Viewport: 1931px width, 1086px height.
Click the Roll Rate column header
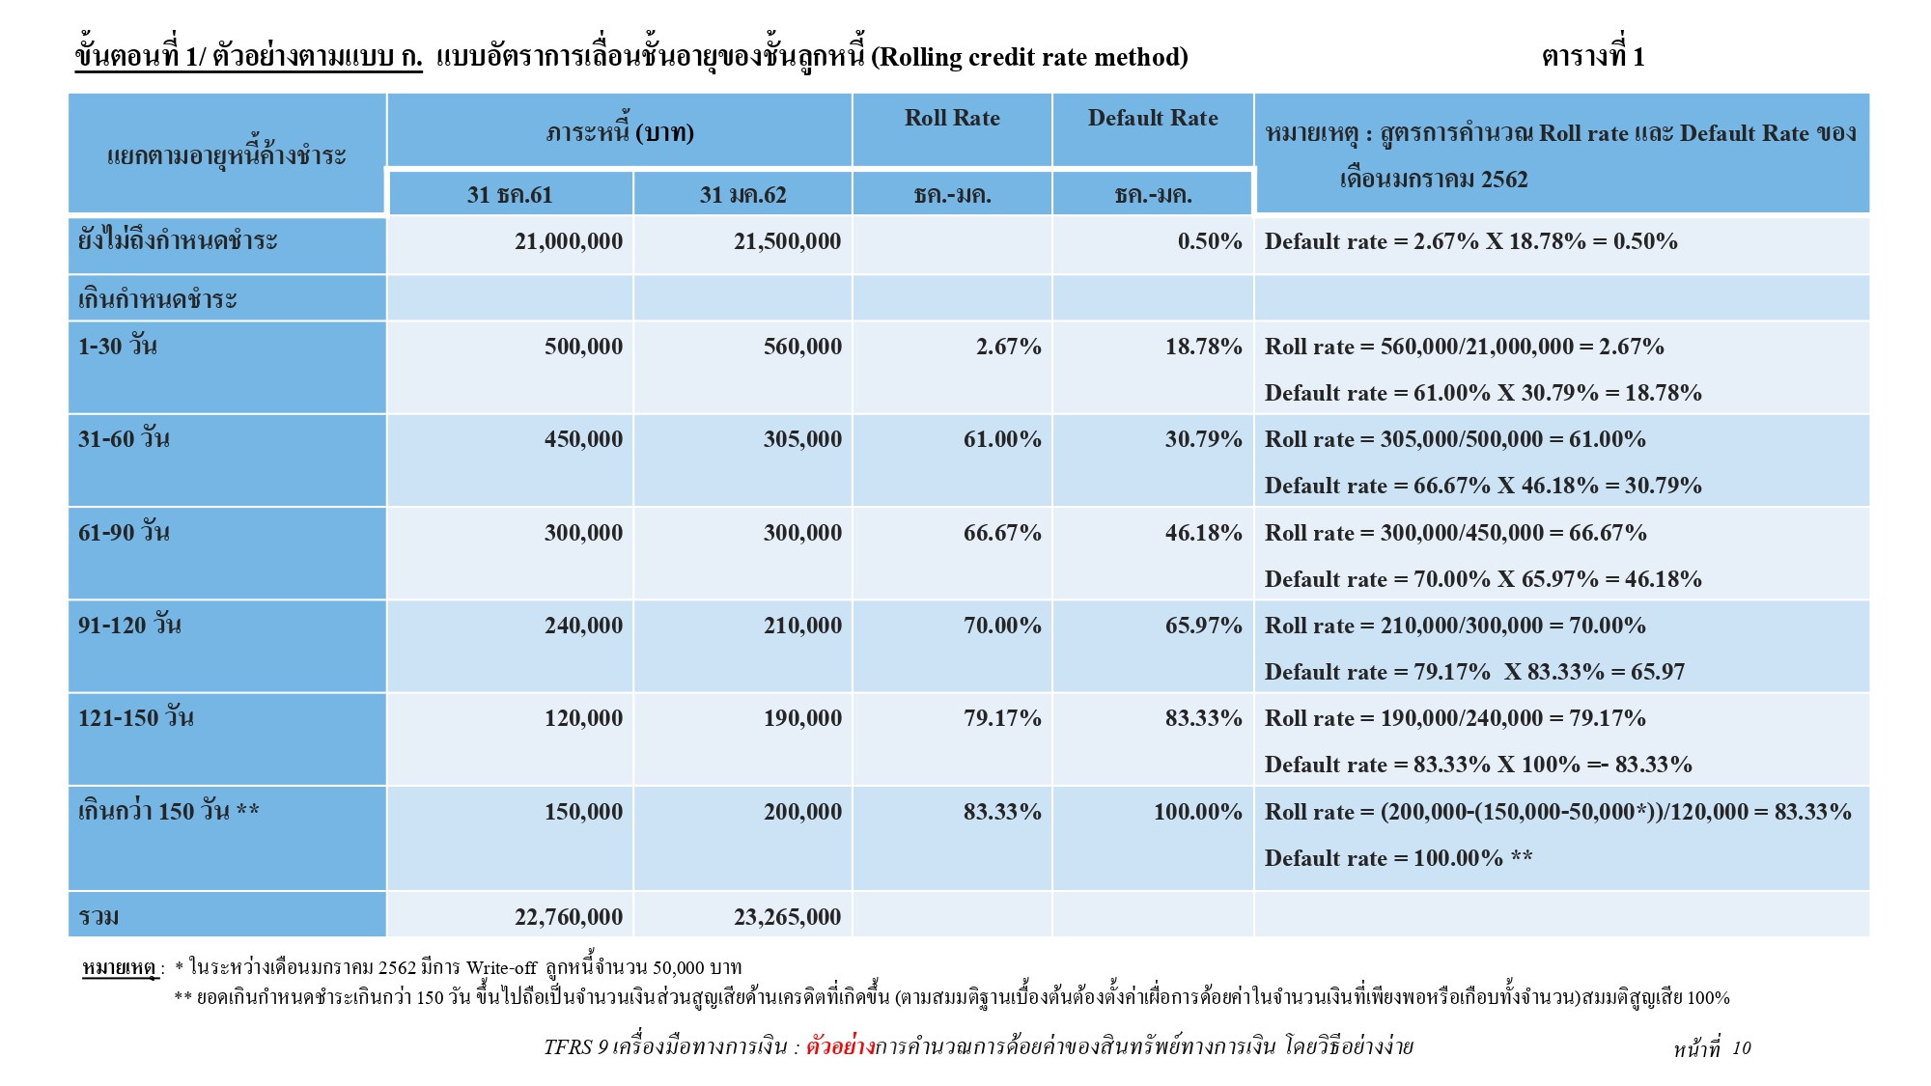click(952, 118)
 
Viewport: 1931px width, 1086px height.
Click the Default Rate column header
click(1153, 118)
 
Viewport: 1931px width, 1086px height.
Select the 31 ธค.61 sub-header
click(510, 195)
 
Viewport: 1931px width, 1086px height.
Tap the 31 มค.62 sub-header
click(742, 195)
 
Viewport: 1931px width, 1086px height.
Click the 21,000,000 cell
click(569, 241)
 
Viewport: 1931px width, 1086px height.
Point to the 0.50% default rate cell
click(1210, 241)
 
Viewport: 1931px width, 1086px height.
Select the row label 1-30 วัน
click(118, 346)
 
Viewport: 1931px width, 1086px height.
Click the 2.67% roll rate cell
click(1009, 347)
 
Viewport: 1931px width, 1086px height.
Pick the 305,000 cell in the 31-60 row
click(802, 439)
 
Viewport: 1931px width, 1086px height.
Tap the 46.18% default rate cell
click(1204, 533)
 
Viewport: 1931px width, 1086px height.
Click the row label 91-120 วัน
click(129, 625)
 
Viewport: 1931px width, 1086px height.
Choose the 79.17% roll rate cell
click(1002, 718)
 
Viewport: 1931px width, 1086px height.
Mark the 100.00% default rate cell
click(1198, 812)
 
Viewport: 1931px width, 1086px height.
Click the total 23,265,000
click(787, 917)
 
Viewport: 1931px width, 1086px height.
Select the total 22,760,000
click(569, 917)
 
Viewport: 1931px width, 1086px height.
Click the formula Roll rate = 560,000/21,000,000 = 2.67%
click(1465, 347)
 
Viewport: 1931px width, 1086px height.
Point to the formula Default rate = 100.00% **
click(1399, 858)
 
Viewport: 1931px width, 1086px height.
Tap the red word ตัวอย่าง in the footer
click(840, 1045)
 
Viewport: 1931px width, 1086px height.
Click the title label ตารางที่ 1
click(1593, 56)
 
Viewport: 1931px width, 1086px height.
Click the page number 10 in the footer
click(1741, 1048)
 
